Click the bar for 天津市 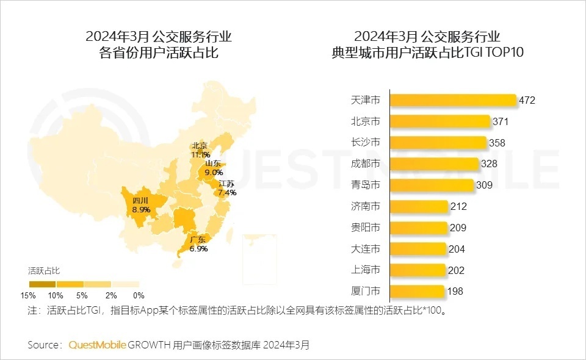[x=453, y=100]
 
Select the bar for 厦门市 [x=417, y=291]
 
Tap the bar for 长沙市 [x=438, y=143]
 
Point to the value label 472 [x=526, y=100]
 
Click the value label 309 [x=484, y=185]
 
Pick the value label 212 [x=458, y=206]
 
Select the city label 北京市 [x=366, y=121]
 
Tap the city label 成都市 [x=366, y=164]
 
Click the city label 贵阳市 [x=366, y=228]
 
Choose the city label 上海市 [x=366, y=270]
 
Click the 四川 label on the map [x=140, y=200]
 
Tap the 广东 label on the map [x=198, y=239]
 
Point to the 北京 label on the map [x=200, y=146]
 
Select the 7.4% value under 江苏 [x=227, y=193]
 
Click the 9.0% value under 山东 [x=214, y=173]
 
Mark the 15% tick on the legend [x=28, y=295]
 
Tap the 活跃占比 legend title [x=44, y=270]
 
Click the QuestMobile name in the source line [x=97, y=345]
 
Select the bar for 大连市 [x=419, y=249]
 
